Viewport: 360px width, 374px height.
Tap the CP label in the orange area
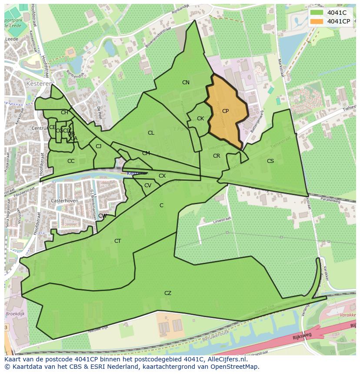[x=225, y=111]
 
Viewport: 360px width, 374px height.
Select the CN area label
[x=186, y=83]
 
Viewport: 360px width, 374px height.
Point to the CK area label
[x=200, y=119]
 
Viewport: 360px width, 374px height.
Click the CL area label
[x=151, y=133]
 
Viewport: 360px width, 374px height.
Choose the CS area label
[x=270, y=161]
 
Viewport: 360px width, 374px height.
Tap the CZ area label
[x=168, y=293]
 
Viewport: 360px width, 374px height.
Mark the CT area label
[x=117, y=241]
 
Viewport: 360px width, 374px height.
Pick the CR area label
[x=217, y=156]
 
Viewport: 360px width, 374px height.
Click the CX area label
[x=162, y=176]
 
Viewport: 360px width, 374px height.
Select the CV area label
[x=148, y=185]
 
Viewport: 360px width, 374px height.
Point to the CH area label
[x=64, y=113]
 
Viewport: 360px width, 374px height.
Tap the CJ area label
[x=99, y=146]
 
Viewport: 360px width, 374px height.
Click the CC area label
[x=71, y=161]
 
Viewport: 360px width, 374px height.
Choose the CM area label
[x=146, y=153]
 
